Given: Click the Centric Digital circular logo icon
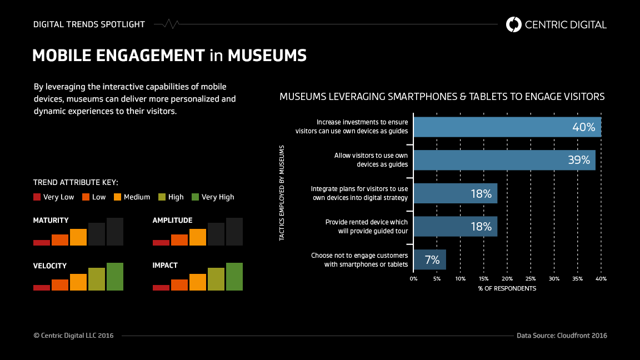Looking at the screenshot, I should click(x=514, y=24).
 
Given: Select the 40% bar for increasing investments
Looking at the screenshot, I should click(x=507, y=127).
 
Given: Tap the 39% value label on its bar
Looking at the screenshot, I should click(x=578, y=160).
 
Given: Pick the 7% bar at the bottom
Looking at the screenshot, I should click(x=429, y=259).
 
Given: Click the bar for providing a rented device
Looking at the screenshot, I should click(x=455, y=226).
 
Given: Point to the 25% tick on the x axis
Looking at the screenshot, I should click(x=531, y=278).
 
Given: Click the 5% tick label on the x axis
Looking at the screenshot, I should click(x=437, y=278).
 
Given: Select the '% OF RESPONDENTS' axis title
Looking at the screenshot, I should click(x=507, y=289).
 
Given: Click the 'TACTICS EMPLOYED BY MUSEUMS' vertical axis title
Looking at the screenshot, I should click(x=282, y=193).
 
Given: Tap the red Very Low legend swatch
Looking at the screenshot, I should click(x=37, y=197).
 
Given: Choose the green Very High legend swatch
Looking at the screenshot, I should click(x=195, y=197).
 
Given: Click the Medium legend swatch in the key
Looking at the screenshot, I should click(x=117, y=197).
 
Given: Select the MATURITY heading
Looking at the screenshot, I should click(x=51, y=221).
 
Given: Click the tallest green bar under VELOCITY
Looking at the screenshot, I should click(x=115, y=276).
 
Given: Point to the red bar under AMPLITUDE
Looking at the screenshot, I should click(x=161, y=242).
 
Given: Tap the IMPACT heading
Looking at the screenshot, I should click(x=165, y=266).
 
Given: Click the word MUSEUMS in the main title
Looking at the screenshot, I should click(x=267, y=56).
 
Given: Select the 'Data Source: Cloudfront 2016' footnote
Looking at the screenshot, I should click(x=562, y=336).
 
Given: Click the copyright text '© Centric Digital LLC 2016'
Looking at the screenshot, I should click(x=73, y=336).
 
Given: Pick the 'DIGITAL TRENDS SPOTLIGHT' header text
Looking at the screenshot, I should click(x=89, y=24).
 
